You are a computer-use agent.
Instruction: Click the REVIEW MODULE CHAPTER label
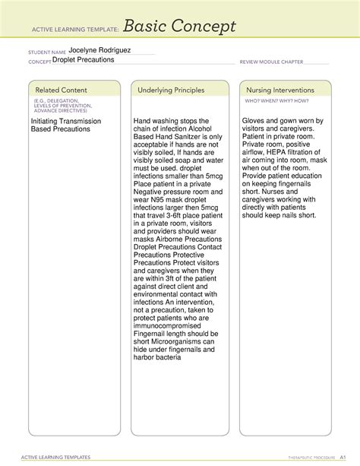(x=271, y=62)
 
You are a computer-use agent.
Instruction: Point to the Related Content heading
(x=60, y=90)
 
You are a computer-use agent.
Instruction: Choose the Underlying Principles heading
(x=171, y=90)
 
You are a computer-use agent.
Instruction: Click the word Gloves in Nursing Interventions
(x=256, y=121)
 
